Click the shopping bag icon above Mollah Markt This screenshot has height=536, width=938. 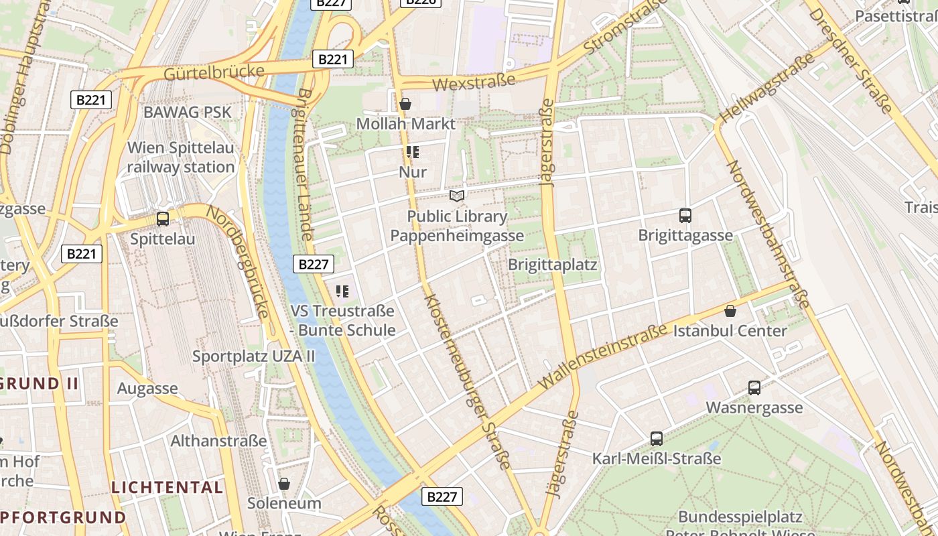click(x=405, y=105)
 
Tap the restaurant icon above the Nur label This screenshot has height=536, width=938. click(x=413, y=153)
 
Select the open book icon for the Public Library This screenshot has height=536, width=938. click(x=457, y=196)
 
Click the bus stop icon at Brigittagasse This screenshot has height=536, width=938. click(x=685, y=216)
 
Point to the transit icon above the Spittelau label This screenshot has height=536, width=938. click(x=162, y=219)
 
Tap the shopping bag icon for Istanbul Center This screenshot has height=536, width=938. click(x=730, y=311)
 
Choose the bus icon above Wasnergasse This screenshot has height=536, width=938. click(x=754, y=388)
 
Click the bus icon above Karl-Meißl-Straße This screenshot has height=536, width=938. click(x=657, y=439)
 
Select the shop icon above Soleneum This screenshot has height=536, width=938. click(x=284, y=484)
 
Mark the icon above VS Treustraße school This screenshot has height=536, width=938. click(x=342, y=291)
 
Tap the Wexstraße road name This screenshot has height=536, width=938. click(x=474, y=82)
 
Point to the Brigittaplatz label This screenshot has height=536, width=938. click(x=552, y=264)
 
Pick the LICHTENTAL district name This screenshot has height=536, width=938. click(x=167, y=487)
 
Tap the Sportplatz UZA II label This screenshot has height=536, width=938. click(x=253, y=356)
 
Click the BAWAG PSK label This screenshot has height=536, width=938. click(x=188, y=112)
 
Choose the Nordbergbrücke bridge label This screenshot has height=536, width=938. click(x=239, y=261)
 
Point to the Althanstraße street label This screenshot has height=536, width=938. click(x=218, y=441)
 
